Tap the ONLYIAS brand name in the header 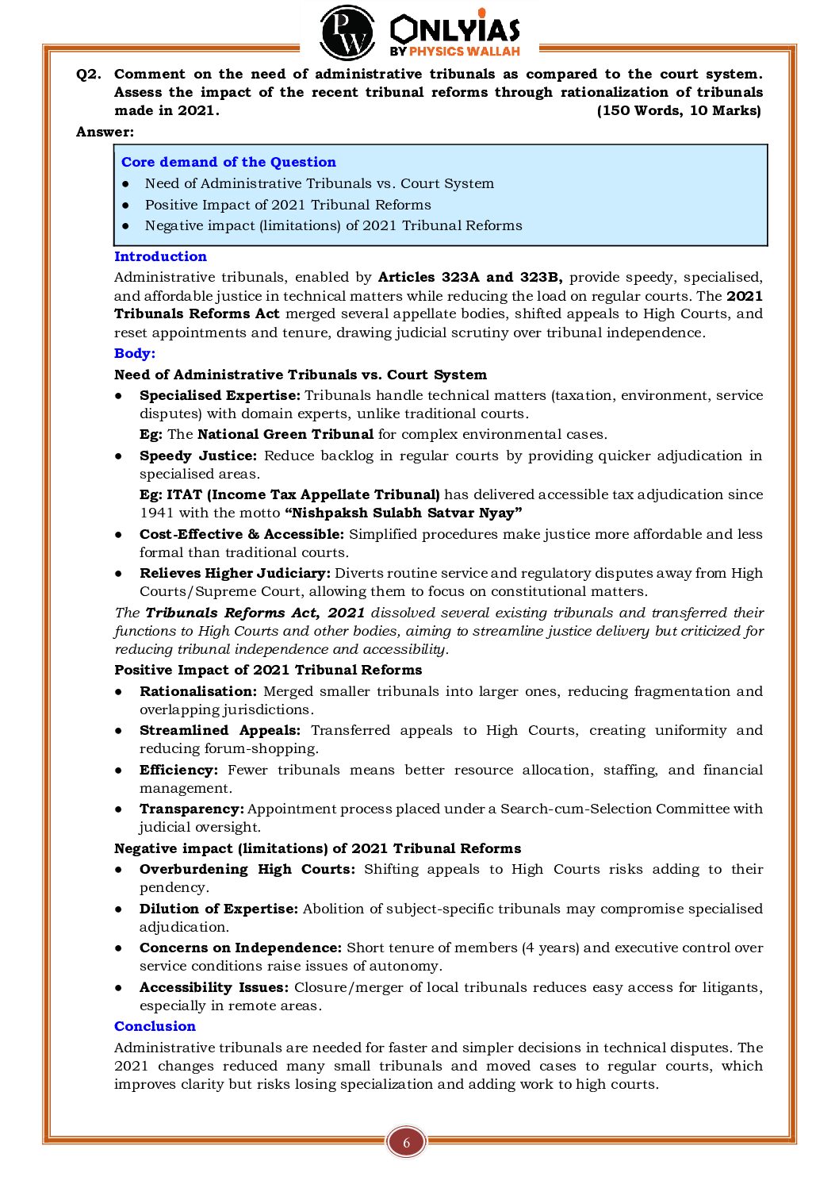[454, 30]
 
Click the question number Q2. [89, 74]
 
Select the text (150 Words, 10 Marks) [679, 110]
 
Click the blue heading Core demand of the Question [228, 162]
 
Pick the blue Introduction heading [160, 256]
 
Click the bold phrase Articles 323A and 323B [470, 277]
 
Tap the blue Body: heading [135, 353]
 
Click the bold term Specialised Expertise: [220, 395]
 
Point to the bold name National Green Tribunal [285, 434]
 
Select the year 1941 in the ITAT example [156, 513]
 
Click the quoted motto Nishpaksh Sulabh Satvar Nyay [403, 513]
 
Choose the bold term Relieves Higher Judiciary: [235, 573]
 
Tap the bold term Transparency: [191, 809]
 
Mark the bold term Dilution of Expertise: [219, 909]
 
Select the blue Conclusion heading [155, 1026]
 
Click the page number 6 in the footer [407, 1143]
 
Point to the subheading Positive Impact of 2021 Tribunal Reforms [268, 670]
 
